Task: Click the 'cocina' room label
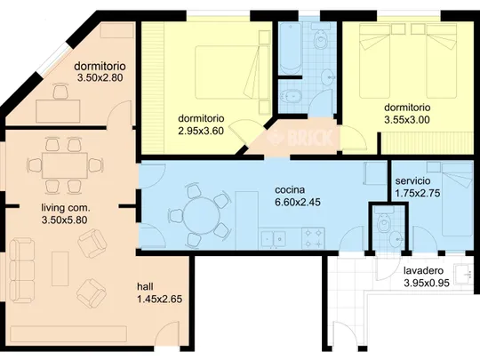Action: tap(290, 190)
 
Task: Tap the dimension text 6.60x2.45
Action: tap(298, 202)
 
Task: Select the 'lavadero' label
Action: tap(423, 270)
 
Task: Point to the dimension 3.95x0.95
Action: tap(427, 283)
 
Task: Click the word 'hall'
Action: tap(145, 287)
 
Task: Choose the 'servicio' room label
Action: tap(412, 181)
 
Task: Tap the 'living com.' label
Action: tap(66, 208)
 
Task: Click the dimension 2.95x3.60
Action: tap(201, 131)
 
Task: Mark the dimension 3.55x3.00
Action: tap(407, 120)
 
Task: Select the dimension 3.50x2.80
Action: tap(100, 77)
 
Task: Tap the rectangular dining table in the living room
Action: tap(65, 165)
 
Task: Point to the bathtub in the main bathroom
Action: tap(290, 48)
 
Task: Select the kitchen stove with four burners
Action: tap(313, 238)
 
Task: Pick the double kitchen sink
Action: tap(273, 239)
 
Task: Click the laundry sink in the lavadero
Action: tap(464, 275)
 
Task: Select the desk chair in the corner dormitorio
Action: tap(60, 92)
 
